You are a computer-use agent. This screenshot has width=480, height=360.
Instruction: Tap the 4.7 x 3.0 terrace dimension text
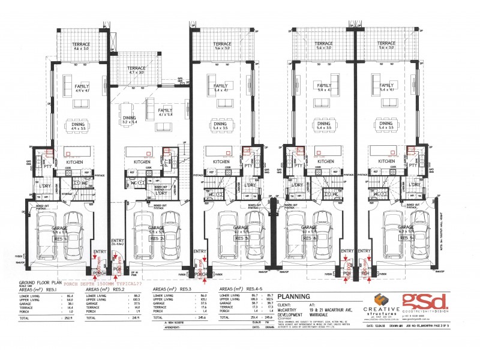pyautogui.click(x=137, y=73)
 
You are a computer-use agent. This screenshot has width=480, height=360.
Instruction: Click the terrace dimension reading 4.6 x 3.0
pyautogui.click(x=81, y=50)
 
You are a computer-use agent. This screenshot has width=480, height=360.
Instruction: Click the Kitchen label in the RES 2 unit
pyautogui.click(x=142, y=162)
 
